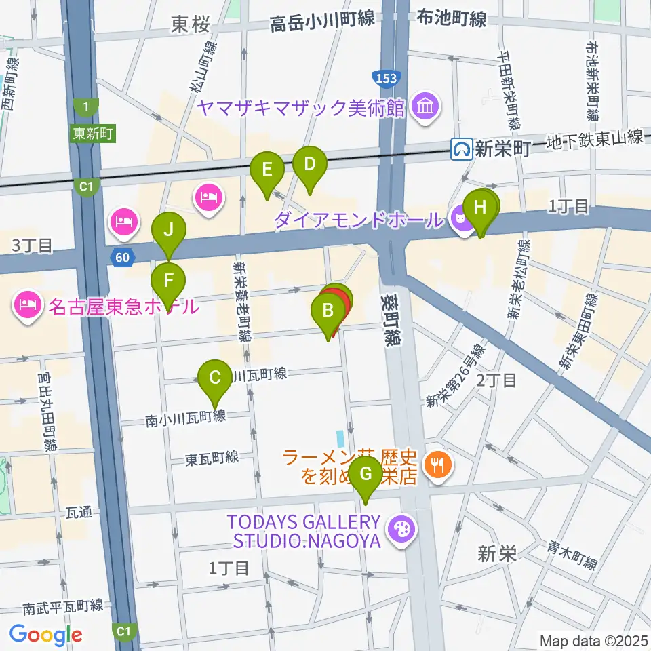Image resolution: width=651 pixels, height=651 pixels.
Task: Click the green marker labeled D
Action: click(309, 164)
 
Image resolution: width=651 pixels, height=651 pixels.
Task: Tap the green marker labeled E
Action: click(267, 169)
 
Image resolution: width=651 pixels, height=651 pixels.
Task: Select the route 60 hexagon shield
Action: click(121, 256)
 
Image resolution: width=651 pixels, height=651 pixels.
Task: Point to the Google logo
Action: click(45, 635)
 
